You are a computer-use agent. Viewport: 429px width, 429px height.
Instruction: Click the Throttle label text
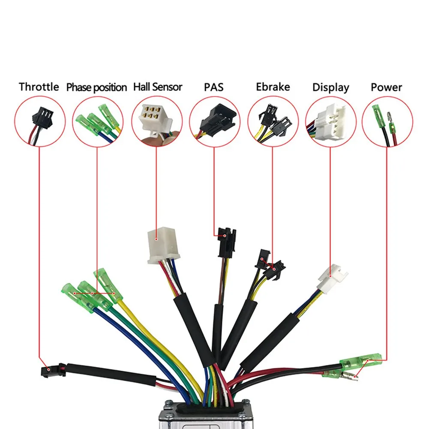(39, 87)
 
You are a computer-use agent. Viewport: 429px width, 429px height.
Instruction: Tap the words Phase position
(96, 87)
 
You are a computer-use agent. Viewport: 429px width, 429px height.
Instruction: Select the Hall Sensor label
(158, 87)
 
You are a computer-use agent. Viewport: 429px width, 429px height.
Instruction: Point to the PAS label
(213, 87)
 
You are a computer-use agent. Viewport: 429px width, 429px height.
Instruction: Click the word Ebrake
(273, 87)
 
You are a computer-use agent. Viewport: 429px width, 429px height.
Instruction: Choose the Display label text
(330, 87)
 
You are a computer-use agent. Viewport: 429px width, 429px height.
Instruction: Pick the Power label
(386, 87)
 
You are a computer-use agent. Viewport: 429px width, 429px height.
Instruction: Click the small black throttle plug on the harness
(51, 369)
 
